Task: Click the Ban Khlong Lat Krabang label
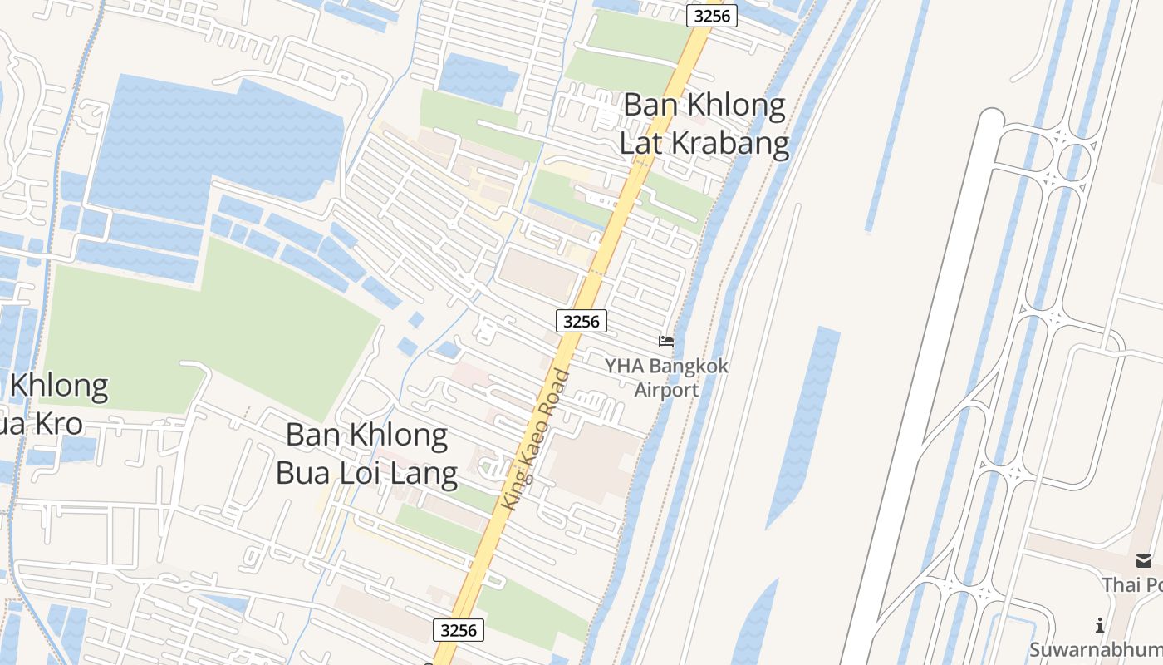(x=704, y=124)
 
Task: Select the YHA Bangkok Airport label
(x=666, y=377)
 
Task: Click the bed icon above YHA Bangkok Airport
(x=666, y=341)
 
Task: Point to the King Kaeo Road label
(x=537, y=440)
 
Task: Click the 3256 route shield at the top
(x=712, y=16)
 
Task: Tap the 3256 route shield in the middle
(x=581, y=321)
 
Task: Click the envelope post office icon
(x=1144, y=561)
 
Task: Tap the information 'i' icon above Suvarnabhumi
(x=1100, y=625)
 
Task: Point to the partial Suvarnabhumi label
(x=1097, y=649)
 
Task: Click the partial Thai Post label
(x=1132, y=584)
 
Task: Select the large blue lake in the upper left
(x=216, y=141)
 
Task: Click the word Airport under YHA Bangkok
(x=666, y=389)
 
